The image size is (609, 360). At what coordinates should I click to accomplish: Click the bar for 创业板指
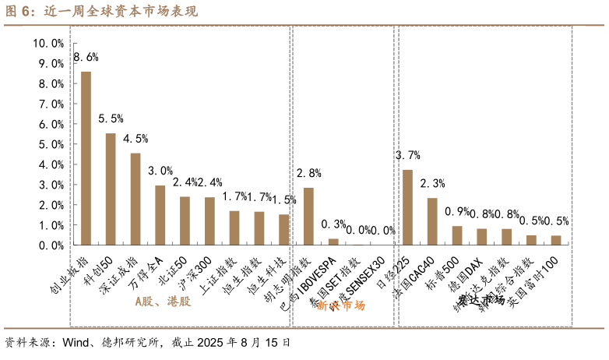86,158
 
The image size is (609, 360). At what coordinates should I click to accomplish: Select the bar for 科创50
111,189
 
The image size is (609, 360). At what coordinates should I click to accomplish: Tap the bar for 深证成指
136,199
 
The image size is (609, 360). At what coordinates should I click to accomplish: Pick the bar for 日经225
407,207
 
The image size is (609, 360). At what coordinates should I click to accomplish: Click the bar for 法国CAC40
432,221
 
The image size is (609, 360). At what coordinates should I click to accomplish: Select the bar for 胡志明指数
308,217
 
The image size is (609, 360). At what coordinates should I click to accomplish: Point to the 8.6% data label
86,57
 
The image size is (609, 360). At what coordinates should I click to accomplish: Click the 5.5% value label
111,118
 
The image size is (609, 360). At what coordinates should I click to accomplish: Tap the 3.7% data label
407,154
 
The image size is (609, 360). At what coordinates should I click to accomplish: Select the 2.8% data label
308,173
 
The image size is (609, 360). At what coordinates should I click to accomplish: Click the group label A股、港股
162,301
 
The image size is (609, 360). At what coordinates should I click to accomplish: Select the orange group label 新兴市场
340,305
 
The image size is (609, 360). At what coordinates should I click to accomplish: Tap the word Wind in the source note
77,342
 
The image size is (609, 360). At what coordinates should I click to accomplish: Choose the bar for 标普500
457,235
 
